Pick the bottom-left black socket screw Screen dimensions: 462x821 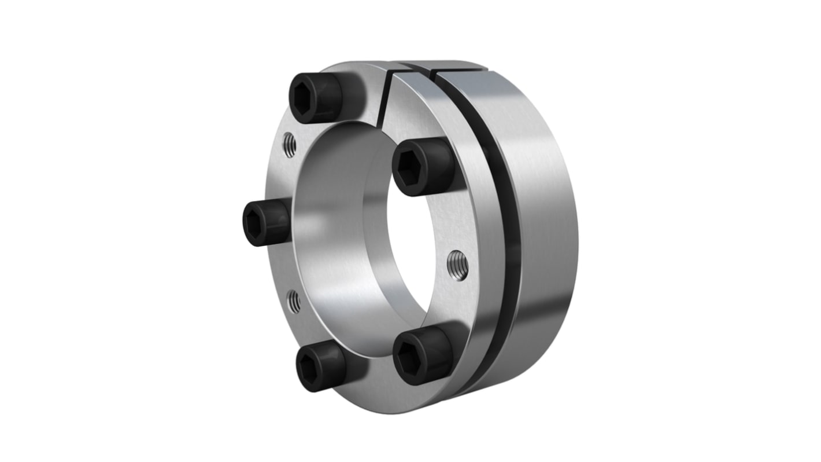(319, 364)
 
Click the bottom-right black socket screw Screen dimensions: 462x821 (422, 354)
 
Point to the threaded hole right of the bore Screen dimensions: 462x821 (457, 265)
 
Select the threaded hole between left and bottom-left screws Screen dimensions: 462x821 (294, 302)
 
